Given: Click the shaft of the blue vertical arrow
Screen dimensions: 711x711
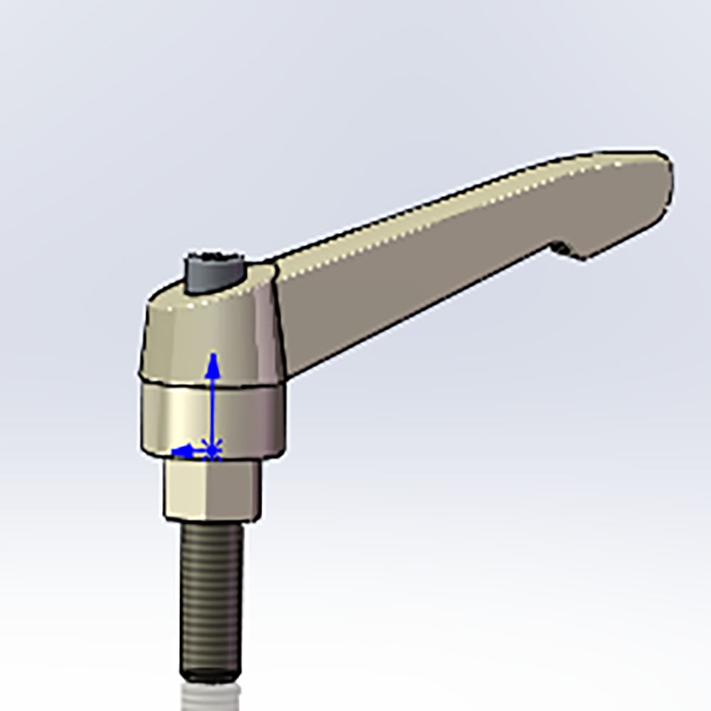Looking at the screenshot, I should pyautogui.click(x=212, y=405).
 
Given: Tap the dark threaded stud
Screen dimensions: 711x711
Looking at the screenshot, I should pyautogui.click(x=210, y=597).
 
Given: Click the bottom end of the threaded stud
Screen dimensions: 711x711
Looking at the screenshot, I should pyautogui.click(x=210, y=674).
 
